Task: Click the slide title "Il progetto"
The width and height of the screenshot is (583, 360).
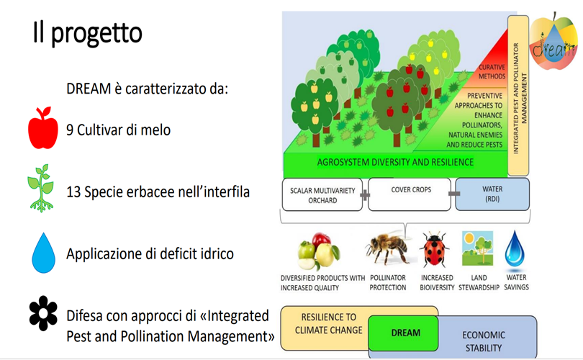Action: (88, 33)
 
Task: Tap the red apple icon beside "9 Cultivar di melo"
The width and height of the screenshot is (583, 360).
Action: (43, 127)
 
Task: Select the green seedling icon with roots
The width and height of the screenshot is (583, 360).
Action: (41, 188)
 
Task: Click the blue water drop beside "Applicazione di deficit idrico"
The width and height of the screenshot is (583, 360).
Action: (43, 253)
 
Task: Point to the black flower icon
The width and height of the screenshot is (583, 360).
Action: (43, 313)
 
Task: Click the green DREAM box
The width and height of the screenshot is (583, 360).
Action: (403, 333)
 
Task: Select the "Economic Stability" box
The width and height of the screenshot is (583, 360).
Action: (484, 341)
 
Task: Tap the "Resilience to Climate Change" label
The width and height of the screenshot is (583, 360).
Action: (328, 323)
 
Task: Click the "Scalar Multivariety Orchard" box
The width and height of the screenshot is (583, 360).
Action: (322, 194)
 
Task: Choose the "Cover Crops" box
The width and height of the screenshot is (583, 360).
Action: (410, 194)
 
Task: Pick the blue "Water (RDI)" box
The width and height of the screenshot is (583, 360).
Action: (492, 194)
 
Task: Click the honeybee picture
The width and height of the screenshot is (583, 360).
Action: (388, 248)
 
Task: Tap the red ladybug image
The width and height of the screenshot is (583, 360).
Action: (434, 248)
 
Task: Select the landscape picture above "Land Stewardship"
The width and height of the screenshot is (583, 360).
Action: (477, 248)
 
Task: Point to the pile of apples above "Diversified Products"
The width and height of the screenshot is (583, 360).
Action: (319, 251)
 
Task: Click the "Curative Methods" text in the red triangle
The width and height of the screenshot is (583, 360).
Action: (492, 72)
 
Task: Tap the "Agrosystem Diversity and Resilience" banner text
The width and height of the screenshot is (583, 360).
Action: (395, 162)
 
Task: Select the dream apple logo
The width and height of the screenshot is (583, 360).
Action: (553, 42)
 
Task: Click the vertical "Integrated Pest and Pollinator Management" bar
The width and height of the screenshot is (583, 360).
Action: (518, 96)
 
